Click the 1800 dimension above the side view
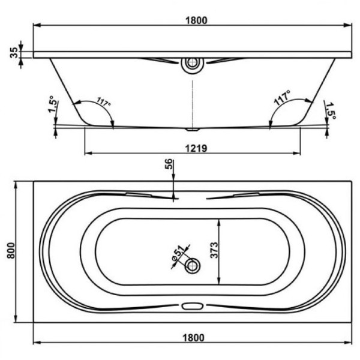tap(196, 20)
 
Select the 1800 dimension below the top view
tap(193, 338)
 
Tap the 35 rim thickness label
tap(14, 53)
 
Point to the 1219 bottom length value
tap(196, 148)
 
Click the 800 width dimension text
tap(11, 250)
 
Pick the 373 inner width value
tap(214, 250)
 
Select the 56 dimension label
tap(169, 164)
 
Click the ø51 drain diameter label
tap(178, 253)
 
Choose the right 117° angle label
tap(283, 98)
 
